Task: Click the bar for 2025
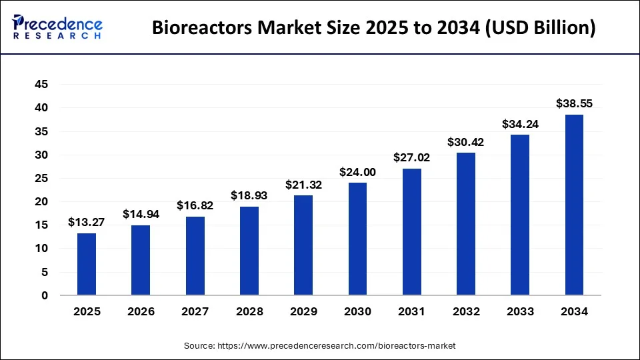[87, 264]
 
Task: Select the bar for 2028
[249, 251]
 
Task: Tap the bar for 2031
[411, 232]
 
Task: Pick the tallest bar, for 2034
[574, 205]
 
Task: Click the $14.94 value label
[141, 214]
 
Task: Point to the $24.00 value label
[357, 172]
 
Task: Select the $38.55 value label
[574, 103]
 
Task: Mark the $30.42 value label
[466, 142]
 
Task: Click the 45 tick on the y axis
[41, 85]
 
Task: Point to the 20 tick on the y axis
[41, 202]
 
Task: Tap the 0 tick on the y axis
[45, 295]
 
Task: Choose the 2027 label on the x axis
[195, 311]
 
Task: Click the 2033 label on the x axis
[520, 311]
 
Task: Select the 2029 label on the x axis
[303, 311]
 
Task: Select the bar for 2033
[520, 215]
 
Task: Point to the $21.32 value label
[303, 185]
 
